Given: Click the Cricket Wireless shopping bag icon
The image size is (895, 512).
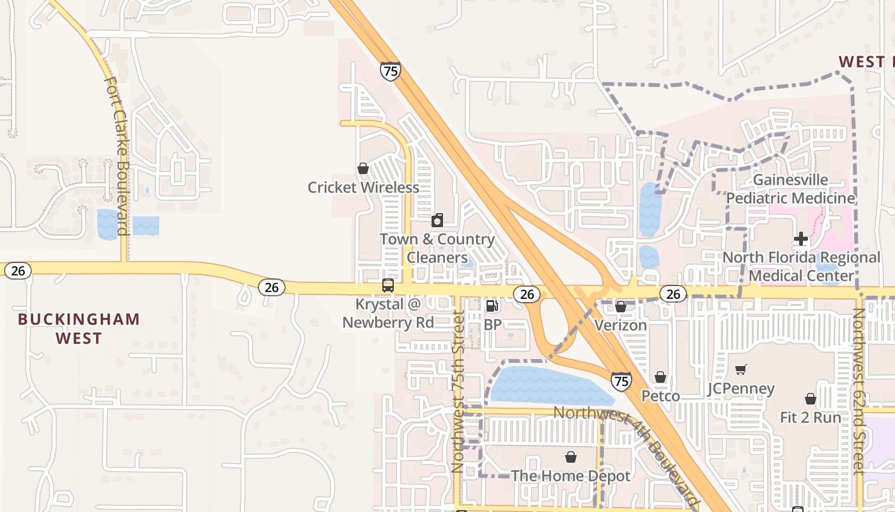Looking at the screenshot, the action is pos(363,168).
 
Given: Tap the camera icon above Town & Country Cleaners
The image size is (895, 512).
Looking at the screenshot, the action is pos(437,220).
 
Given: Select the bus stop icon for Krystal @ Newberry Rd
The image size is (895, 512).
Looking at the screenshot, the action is pos(387,285).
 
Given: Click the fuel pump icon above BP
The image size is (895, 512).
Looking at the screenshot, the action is pos(492,307).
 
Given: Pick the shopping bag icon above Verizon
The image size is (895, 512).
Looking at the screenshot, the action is pos(620,307).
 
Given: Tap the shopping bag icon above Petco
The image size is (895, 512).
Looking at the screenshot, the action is pos(660,378).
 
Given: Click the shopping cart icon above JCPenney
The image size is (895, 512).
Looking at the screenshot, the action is pos(741,369).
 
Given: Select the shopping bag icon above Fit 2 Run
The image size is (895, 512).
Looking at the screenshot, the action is pos(811,399).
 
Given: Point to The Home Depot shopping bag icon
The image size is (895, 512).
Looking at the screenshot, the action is pos(570,457).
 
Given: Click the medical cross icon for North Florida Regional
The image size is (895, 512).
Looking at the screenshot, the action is pos(800,239).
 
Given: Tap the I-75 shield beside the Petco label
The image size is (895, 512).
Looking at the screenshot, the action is pos(621,381).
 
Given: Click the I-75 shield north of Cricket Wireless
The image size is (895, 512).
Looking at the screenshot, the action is pos(390,70).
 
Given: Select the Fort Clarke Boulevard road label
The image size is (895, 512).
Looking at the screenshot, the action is pos(118,156).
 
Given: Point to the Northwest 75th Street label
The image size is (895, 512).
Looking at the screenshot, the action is pos(458,392).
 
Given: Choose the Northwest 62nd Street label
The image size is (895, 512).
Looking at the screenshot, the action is pos(859,390).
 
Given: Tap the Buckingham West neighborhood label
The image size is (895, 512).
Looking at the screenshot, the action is pos(79,328).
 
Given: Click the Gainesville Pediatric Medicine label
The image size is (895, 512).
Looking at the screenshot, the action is pos(790,189).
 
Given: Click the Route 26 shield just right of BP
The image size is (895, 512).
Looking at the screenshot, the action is pos(526,294).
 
